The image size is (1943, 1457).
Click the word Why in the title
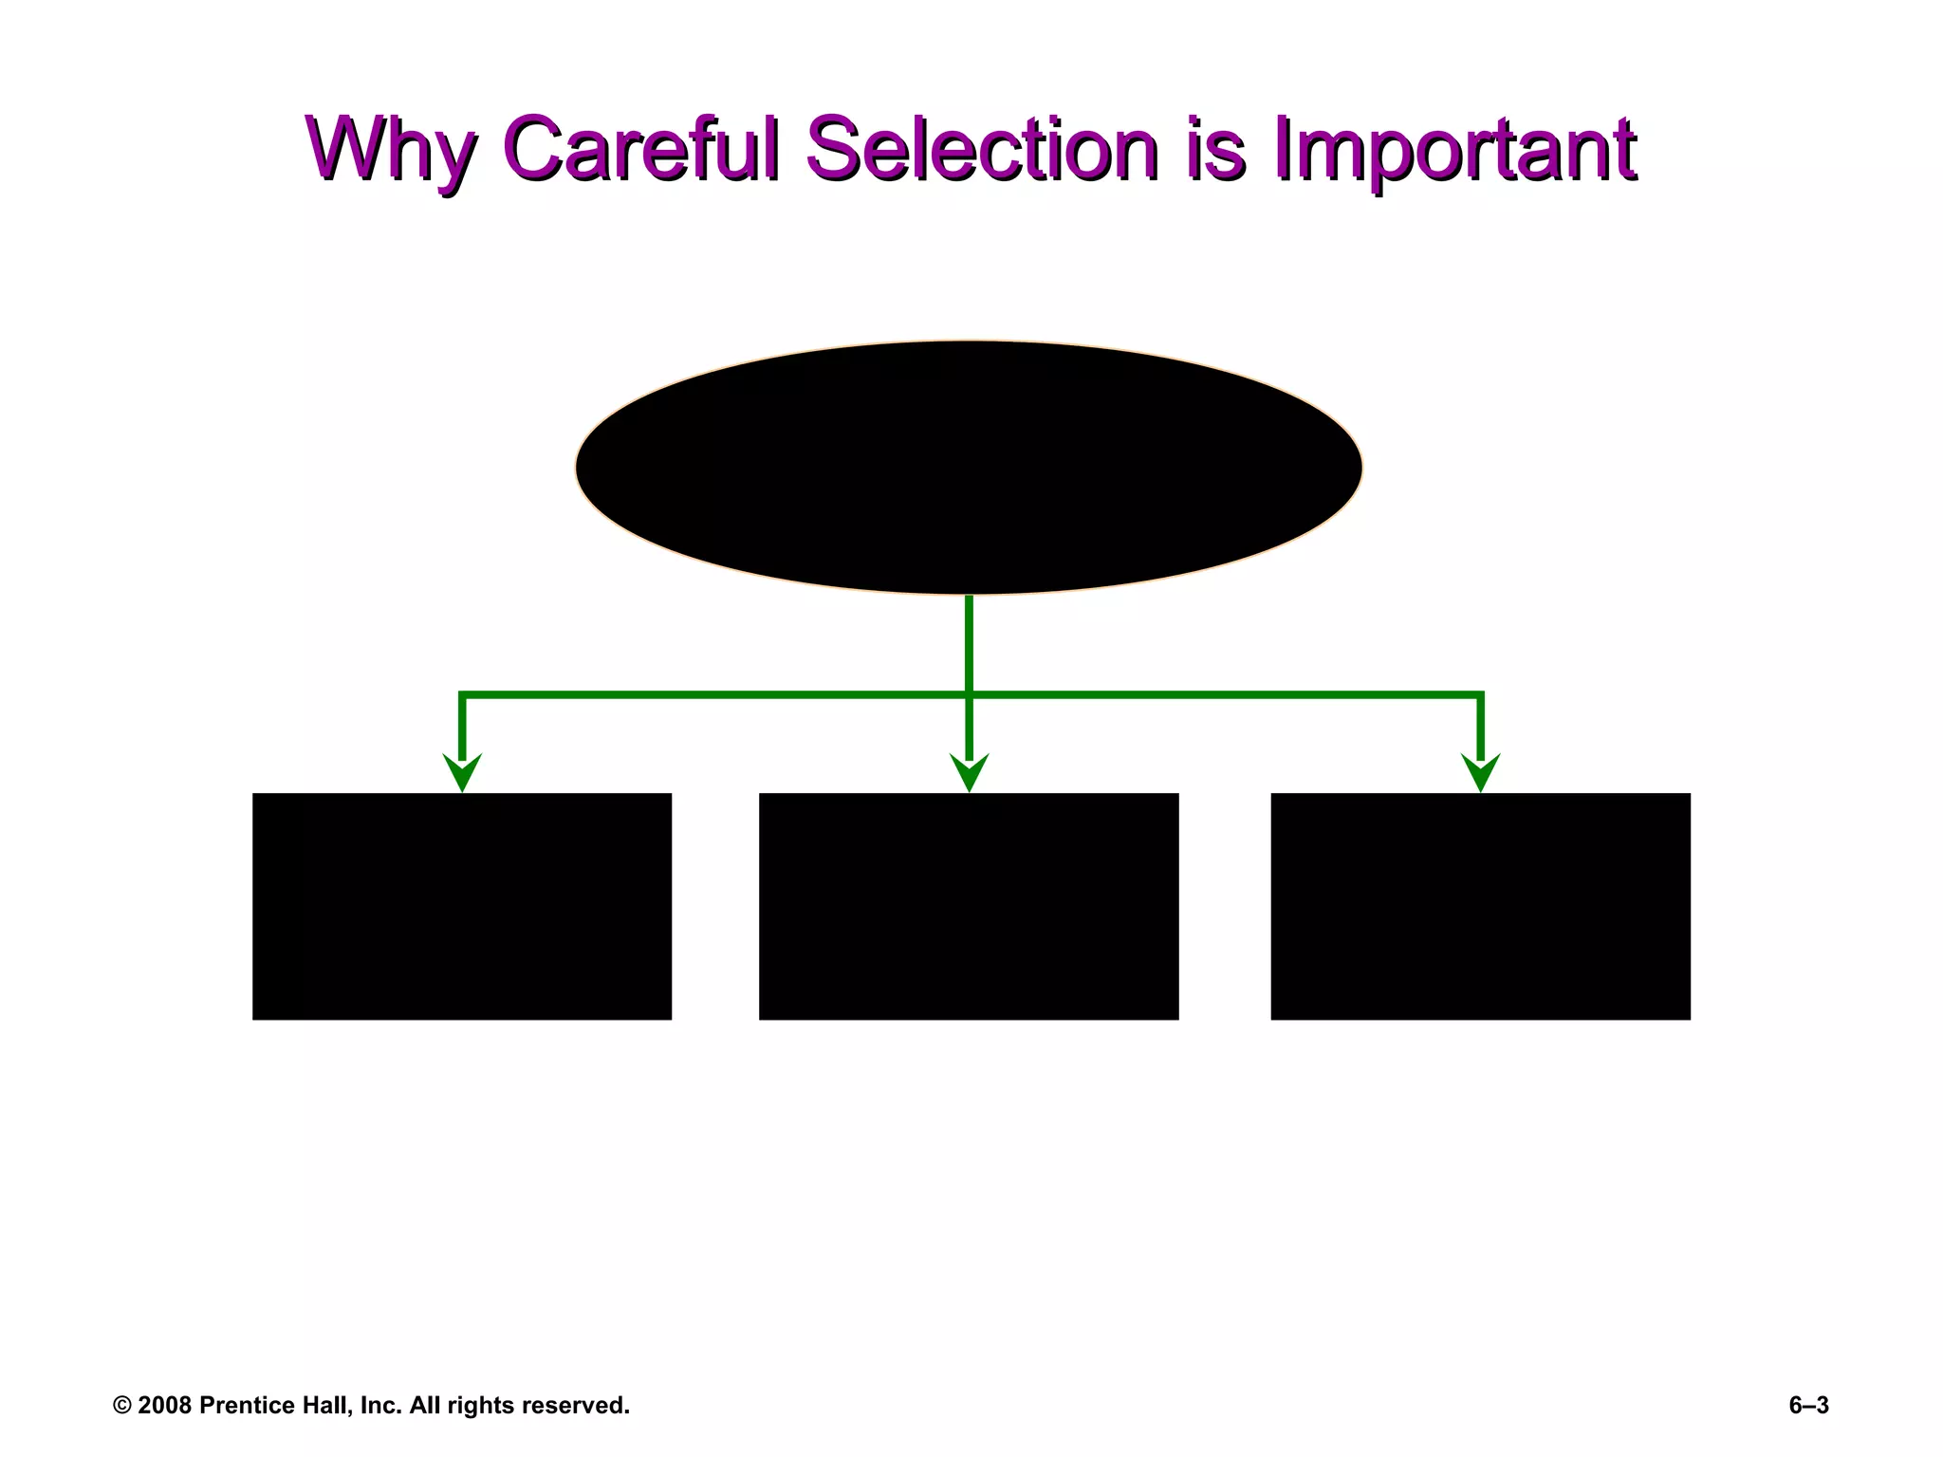click(391, 150)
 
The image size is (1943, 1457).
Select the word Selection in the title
click(982, 148)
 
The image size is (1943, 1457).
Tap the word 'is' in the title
click(1215, 148)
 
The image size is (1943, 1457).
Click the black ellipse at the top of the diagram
click(969, 467)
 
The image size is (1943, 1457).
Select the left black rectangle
click(462, 906)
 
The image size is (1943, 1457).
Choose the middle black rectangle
click(969, 906)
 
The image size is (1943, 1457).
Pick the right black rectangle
click(1480, 906)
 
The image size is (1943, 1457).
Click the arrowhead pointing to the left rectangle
click(462, 771)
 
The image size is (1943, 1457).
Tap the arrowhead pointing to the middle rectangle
click(969, 771)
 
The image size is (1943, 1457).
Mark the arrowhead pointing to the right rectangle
click(1480, 771)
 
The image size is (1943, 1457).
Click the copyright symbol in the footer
click(122, 1406)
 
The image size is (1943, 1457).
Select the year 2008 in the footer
click(164, 1406)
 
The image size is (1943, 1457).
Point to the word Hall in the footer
click(328, 1406)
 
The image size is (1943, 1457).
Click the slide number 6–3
click(1808, 1406)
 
